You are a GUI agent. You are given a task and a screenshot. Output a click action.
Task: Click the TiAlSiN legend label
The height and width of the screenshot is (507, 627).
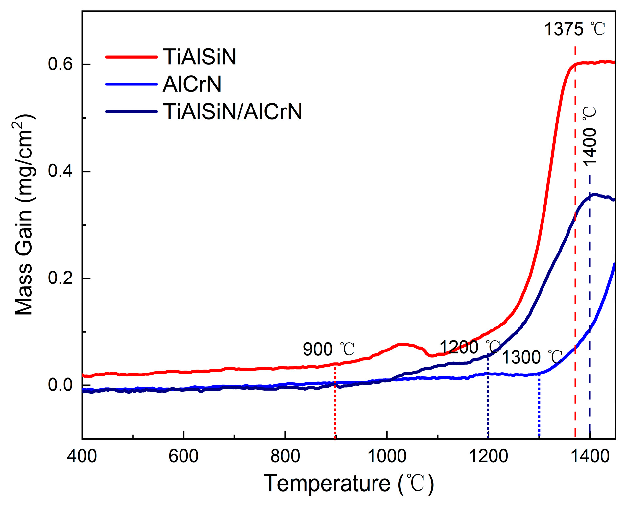click(x=200, y=57)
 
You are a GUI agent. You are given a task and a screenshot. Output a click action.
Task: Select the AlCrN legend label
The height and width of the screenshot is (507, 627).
click(x=192, y=84)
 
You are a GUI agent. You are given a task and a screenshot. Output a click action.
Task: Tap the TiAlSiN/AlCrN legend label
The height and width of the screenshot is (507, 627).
click(x=232, y=112)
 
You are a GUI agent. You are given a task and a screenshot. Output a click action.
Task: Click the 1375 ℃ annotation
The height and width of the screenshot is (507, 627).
click(x=574, y=29)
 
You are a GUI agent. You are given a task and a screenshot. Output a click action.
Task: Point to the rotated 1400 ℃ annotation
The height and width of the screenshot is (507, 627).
click(x=590, y=136)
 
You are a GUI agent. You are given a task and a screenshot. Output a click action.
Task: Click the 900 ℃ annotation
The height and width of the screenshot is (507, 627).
click(x=328, y=349)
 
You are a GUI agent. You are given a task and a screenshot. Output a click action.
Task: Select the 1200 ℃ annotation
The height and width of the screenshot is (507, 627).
click(x=470, y=347)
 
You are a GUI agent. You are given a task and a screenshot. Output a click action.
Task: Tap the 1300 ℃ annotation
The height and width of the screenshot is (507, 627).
click(x=532, y=357)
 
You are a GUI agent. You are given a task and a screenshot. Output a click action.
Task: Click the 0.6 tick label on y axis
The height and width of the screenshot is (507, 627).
click(x=60, y=64)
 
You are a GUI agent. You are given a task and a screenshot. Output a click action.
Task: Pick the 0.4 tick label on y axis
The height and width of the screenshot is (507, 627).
click(x=60, y=171)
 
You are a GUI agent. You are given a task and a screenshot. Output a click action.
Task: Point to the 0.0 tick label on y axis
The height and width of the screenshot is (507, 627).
click(x=60, y=385)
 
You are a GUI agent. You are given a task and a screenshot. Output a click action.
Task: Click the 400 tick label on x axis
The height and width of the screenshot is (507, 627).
click(x=82, y=456)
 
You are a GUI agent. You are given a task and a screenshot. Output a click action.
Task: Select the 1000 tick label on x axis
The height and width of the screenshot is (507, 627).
click(x=387, y=456)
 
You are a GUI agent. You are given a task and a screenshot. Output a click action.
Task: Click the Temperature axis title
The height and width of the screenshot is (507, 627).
click(x=349, y=484)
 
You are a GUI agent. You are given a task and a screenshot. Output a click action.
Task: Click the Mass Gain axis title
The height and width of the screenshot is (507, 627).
click(x=24, y=215)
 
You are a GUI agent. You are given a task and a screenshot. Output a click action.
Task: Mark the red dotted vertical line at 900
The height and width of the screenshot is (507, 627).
click(x=335, y=404)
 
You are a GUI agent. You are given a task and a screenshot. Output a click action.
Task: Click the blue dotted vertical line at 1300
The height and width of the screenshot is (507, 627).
click(x=539, y=408)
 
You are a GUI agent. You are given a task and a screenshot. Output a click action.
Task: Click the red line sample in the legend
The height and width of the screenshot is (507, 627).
click(x=132, y=57)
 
